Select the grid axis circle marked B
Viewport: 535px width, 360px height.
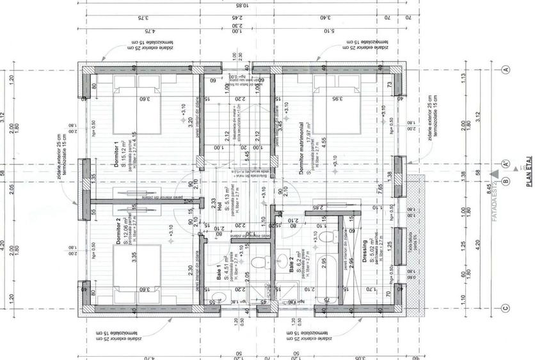[x=505, y=182]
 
